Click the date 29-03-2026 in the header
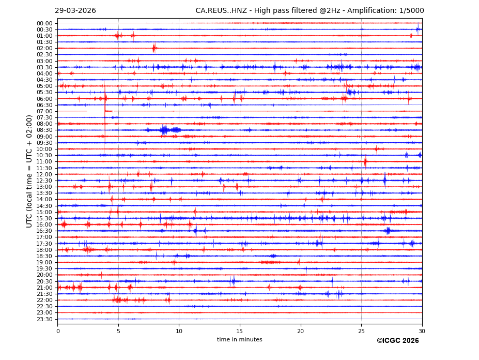pos(75,11)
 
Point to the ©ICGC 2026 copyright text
pos(397,341)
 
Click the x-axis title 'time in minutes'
pos(239,340)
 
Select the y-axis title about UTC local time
pos(30,171)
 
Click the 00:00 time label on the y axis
pos(44,23)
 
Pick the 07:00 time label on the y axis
pos(44,111)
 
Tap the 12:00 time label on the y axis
pos(44,174)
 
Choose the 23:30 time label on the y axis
pos(44,319)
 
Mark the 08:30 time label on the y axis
pos(44,130)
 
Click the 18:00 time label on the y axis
pos(44,250)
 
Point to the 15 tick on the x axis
pos(240,331)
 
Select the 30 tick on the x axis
pos(422,331)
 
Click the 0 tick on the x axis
pos(58,331)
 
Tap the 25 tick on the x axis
pos(361,331)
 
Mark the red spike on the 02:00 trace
pos(154,48)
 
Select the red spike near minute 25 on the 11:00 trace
pos(365,161)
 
